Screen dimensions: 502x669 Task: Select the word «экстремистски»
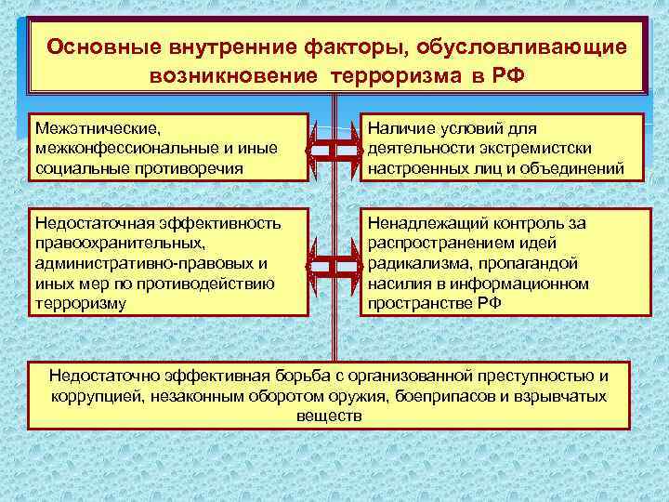538,148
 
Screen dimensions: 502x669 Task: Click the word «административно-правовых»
131,264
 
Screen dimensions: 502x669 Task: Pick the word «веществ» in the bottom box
328,416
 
